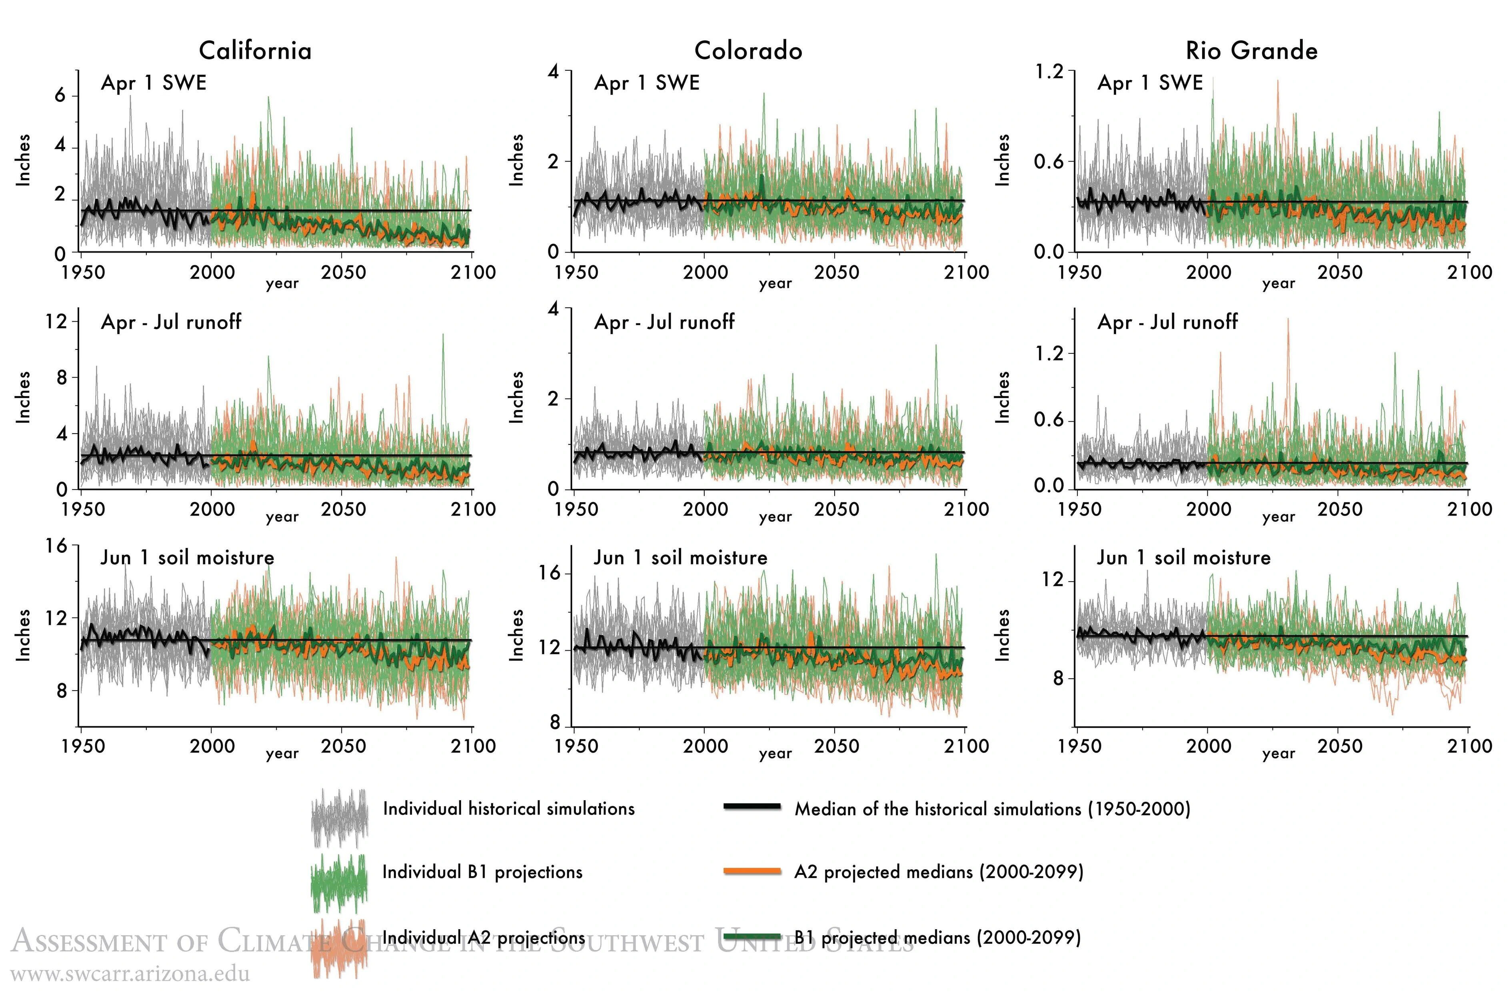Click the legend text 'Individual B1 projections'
482,872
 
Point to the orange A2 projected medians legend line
752,872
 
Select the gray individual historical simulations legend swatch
340,817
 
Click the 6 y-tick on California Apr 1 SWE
60,96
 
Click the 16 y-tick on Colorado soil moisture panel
550,573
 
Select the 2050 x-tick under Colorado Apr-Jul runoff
836,509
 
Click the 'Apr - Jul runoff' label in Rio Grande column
1167,322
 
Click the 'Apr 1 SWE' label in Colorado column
647,83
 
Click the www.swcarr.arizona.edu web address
130,974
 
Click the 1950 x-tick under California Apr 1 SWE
83,273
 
